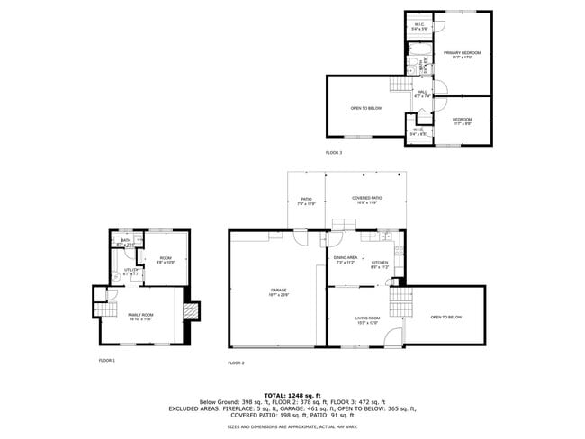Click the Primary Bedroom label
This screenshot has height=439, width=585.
pos(463,55)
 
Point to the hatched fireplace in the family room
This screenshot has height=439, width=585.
pos(190,310)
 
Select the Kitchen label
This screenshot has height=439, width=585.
pos(380,264)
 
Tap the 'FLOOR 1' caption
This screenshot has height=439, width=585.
pos(106,360)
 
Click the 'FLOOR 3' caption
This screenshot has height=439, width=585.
pos(334,152)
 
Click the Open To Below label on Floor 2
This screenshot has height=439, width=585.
pos(445,318)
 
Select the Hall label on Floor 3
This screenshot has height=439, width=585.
pos(422,94)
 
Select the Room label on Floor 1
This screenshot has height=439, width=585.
pos(166,261)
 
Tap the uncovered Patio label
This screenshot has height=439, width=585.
pos(306,201)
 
